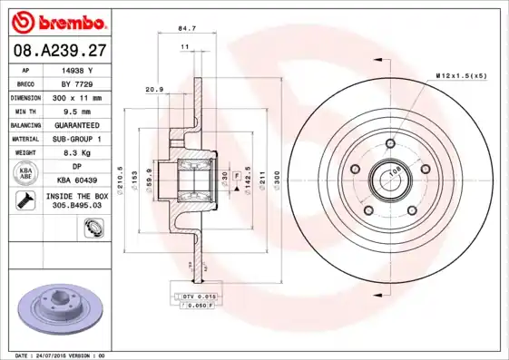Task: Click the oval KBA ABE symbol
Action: click(x=27, y=173)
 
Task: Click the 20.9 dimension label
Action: click(x=154, y=89)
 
